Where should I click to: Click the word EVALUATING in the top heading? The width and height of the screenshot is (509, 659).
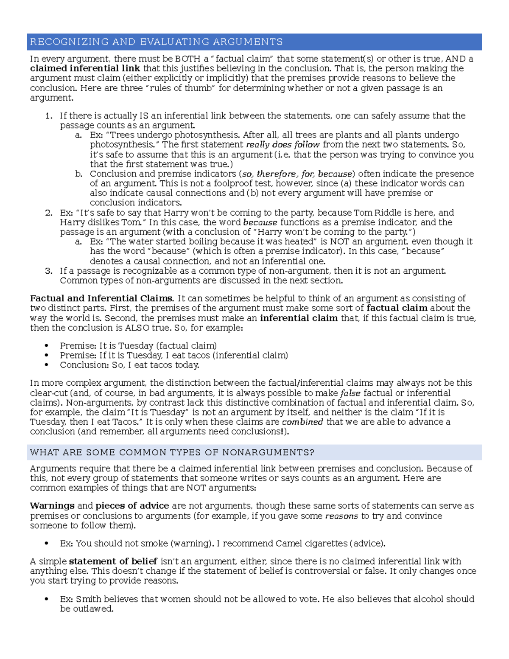[x=174, y=42]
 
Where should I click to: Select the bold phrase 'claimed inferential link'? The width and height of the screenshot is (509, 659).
[x=85, y=68]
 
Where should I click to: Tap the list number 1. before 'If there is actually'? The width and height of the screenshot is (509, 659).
[x=49, y=116]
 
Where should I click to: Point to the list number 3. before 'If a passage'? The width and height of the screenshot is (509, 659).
[x=49, y=271]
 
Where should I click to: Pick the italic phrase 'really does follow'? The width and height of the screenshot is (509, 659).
[x=283, y=145]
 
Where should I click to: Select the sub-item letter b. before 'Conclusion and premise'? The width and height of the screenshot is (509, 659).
[x=78, y=174]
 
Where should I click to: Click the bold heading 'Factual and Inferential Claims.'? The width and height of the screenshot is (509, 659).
[x=102, y=298]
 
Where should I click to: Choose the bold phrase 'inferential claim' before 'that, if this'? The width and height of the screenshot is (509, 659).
[x=299, y=318]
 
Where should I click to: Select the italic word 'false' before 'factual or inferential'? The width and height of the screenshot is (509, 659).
[x=350, y=393]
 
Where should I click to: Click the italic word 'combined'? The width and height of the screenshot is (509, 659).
[x=302, y=422]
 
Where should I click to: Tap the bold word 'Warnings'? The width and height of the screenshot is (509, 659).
[x=52, y=506]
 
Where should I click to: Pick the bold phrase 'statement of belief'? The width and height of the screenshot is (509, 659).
[x=113, y=561]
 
